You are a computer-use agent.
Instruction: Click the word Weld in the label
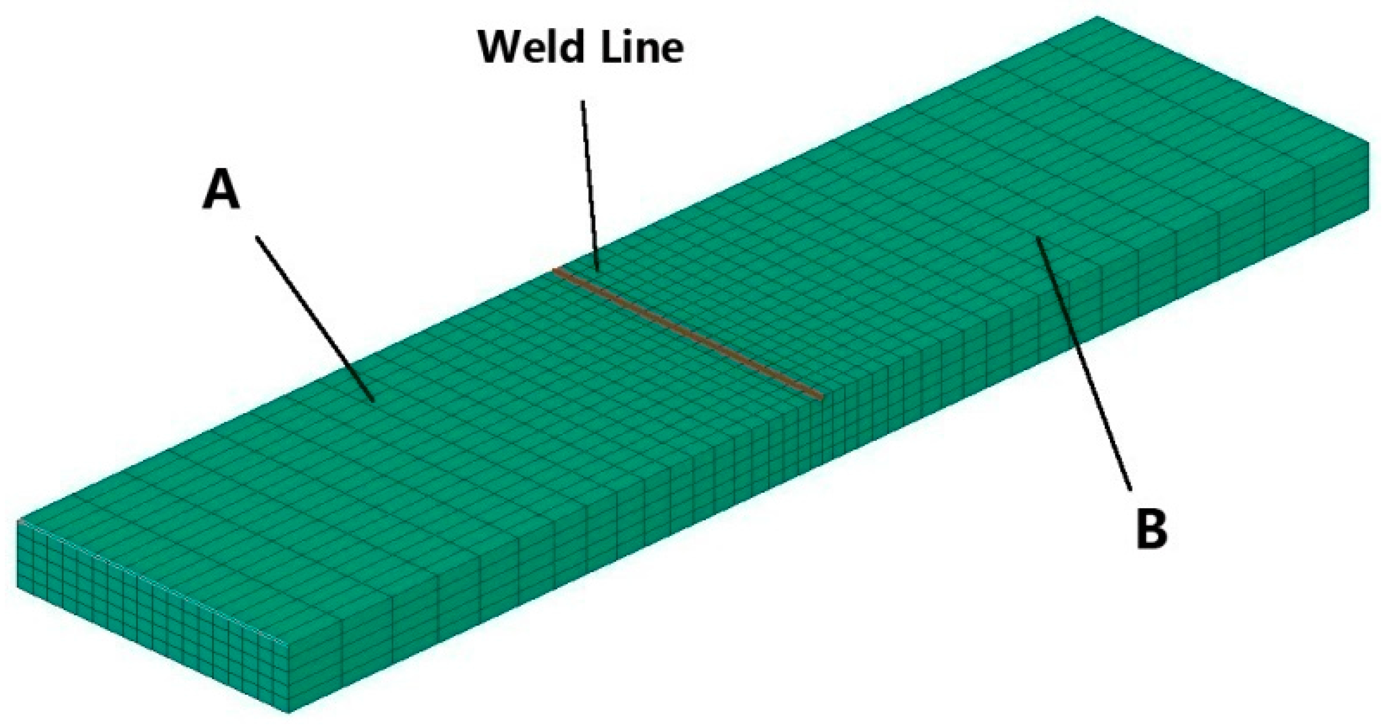530,48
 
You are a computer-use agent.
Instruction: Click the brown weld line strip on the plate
687,334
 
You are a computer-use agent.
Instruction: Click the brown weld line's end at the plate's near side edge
820,398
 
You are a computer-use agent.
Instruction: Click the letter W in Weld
498,48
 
